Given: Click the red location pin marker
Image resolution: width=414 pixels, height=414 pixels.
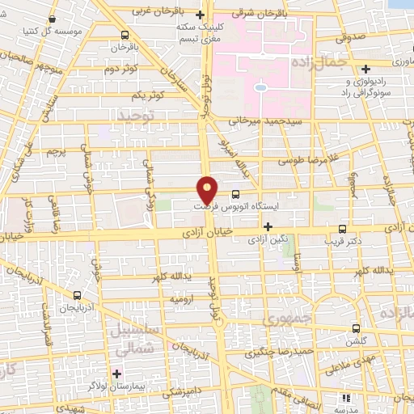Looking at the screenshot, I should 208,189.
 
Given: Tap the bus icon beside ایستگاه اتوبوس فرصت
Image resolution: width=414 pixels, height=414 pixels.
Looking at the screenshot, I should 236,194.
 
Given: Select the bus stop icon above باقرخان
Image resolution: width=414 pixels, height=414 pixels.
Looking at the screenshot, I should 124,35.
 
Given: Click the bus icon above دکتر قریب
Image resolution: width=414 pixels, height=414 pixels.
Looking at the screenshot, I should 344,229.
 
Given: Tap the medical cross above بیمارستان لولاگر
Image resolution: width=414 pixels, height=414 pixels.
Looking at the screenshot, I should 118,374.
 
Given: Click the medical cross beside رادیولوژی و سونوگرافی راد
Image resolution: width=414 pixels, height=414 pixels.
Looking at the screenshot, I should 366,69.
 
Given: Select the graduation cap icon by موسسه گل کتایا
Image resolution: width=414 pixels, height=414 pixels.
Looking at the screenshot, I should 53,18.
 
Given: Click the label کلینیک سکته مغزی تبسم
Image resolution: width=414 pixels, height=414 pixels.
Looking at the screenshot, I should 202,31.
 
